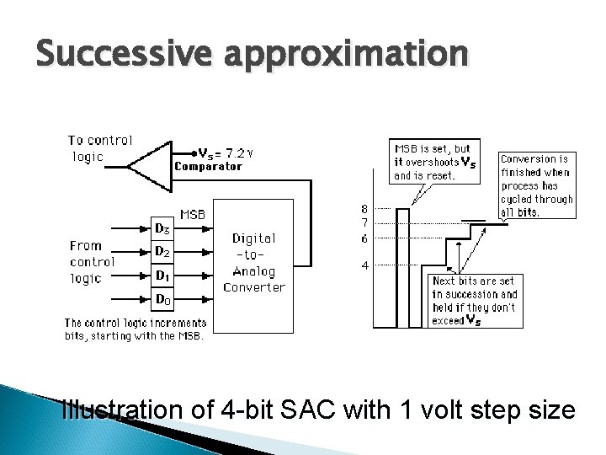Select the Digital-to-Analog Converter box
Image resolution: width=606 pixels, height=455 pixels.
pyautogui.click(x=254, y=263)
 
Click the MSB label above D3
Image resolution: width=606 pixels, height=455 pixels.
pyautogui.click(x=192, y=214)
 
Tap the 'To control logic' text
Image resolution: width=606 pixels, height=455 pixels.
pyautogui.click(x=100, y=148)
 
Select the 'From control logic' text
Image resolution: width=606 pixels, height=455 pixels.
pyautogui.click(x=92, y=262)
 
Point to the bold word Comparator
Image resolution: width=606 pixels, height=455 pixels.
pyautogui.click(x=208, y=167)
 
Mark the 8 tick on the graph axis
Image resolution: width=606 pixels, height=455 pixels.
pyautogui.click(x=364, y=209)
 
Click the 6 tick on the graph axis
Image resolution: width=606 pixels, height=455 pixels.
pyautogui.click(x=364, y=238)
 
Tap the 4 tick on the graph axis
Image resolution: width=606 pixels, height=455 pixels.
pyautogui.click(x=364, y=266)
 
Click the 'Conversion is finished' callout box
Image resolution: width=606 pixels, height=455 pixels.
pyautogui.click(x=536, y=185)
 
